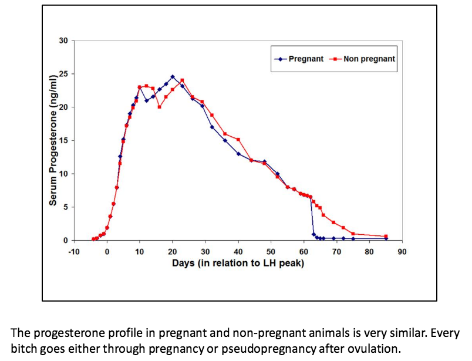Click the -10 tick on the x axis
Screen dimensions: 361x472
click(x=73, y=251)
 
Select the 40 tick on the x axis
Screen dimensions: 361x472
click(x=238, y=251)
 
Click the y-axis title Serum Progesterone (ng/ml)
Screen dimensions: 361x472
click(x=53, y=140)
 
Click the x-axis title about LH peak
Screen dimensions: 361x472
click(x=238, y=263)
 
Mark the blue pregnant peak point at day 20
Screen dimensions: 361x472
click(x=173, y=76)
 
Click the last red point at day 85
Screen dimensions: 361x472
click(x=386, y=236)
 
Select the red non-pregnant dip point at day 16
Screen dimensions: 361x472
click(x=159, y=107)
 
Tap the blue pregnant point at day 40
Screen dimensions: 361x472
click(x=238, y=154)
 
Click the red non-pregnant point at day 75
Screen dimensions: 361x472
click(x=353, y=234)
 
